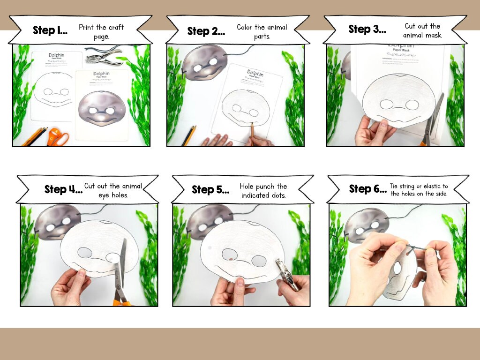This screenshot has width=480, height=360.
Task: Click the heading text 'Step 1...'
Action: pyautogui.click(x=50, y=30)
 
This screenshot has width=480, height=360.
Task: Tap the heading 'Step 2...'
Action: pyautogui.click(x=205, y=31)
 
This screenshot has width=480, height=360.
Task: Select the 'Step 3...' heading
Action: pyautogui.click(x=367, y=29)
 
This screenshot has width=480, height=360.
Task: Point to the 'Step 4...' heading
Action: pyautogui.click(x=63, y=189)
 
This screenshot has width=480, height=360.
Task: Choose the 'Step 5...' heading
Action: pyautogui.click(x=210, y=189)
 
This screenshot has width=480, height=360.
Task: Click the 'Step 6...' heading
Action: pyautogui.click(x=367, y=188)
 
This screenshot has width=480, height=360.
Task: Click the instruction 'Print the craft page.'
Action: pyautogui.click(x=101, y=31)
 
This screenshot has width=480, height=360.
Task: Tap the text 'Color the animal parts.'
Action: pyautogui.click(x=262, y=31)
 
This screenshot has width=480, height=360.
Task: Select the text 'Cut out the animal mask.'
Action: pyautogui.click(x=422, y=30)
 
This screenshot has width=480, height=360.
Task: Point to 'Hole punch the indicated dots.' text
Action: pyautogui.click(x=263, y=191)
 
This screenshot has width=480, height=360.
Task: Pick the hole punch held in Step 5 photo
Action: pyautogui.click(x=286, y=277)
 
